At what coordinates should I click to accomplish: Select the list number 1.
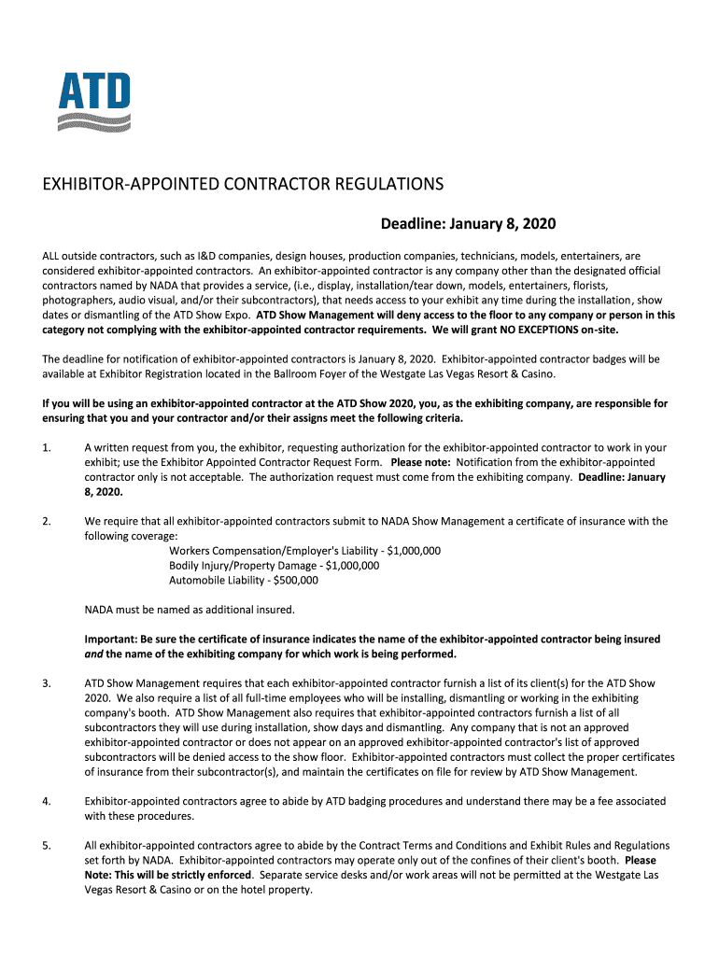pos(46,448)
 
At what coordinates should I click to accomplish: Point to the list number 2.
pos(46,522)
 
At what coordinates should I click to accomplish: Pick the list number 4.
pos(46,801)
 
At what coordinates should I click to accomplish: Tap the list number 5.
pos(46,846)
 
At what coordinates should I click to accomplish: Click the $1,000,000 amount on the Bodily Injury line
pos(353,566)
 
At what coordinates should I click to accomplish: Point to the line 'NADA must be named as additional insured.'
pos(190,611)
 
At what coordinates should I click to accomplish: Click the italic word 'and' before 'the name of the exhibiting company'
pos(94,654)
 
